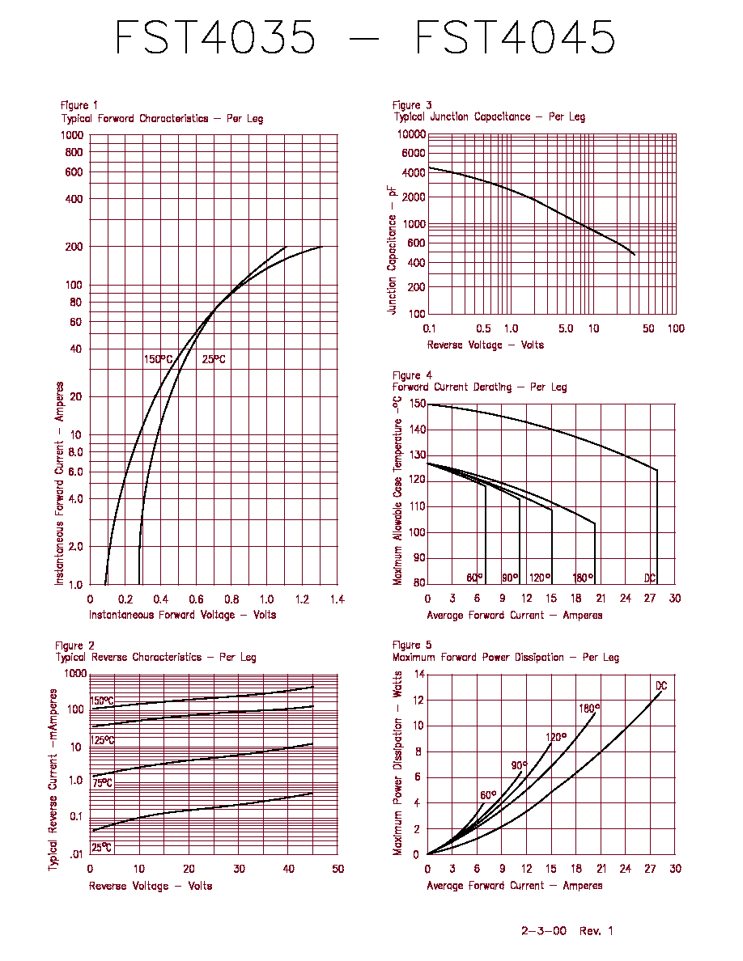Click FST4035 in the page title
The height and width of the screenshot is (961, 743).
coord(215,36)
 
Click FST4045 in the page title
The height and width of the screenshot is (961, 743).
coord(515,36)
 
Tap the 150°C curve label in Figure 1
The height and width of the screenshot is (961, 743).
coord(158,359)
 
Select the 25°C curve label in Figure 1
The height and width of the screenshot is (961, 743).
coord(214,359)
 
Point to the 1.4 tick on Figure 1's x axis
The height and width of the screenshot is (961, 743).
coord(338,599)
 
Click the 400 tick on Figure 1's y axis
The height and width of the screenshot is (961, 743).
coord(74,198)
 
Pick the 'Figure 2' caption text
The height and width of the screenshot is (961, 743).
coord(74,646)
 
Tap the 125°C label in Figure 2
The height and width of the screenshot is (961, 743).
coord(102,740)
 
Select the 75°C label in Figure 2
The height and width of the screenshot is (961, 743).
coord(102,783)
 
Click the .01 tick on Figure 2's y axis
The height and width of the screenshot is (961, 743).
coord(76,854)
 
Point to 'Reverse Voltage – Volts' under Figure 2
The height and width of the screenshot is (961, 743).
coord(151,887)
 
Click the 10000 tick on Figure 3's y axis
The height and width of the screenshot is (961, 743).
coord(411,134)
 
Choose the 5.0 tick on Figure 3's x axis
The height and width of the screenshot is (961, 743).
coord(566,328)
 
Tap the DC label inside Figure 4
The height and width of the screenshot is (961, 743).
coord(650,578)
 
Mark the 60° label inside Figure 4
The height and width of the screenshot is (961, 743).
coord(474,578)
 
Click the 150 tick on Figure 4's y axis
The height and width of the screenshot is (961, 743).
coord(418,404)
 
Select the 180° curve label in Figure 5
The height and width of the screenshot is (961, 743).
coord(589,709)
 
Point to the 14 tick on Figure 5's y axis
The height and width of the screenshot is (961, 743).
coord(419,674)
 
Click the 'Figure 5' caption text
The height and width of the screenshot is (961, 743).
coord(412,646)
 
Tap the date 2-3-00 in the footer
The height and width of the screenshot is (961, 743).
coord(544,931)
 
